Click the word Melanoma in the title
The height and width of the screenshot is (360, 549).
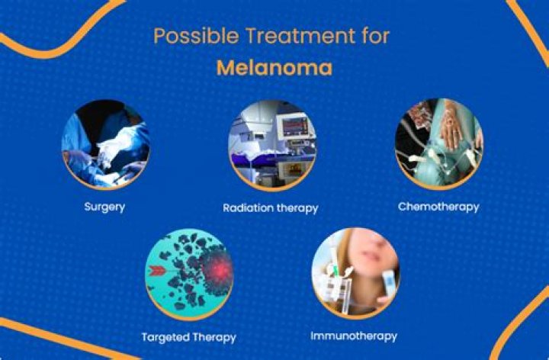[274, 68]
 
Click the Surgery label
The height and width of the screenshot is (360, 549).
[105, 206]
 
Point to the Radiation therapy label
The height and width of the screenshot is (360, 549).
[270, 207]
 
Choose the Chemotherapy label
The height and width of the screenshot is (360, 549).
[438, 207]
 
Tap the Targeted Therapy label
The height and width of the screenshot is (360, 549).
[188, 336]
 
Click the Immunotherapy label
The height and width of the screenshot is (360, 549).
[354, 336]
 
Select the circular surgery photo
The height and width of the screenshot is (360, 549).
[105, 143]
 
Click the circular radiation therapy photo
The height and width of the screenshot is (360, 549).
[272, 143]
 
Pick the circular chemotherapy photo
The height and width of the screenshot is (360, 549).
[438, 143]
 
